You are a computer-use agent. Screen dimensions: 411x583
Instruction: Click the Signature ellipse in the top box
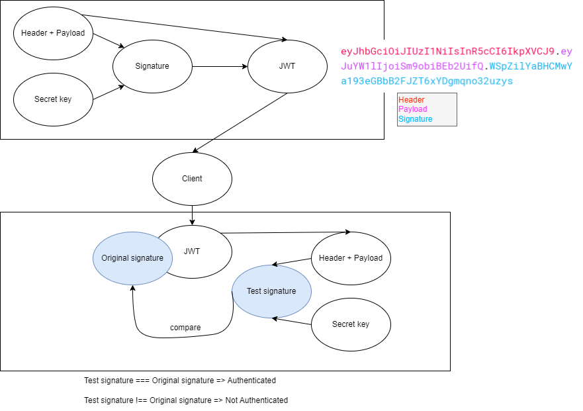click(152, 66)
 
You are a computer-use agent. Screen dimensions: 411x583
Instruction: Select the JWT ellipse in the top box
click(287, 66)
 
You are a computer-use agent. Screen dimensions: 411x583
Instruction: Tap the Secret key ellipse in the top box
click(53, 99)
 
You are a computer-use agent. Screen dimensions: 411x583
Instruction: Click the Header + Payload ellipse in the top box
click(53, 33)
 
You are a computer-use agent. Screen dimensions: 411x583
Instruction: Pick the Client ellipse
click(192, 179)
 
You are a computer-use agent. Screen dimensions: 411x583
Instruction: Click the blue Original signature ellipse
click(132, 258)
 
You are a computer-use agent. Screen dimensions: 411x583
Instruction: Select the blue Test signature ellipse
click(271, 291)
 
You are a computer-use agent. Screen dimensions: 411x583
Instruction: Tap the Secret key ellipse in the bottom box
click(351, 324)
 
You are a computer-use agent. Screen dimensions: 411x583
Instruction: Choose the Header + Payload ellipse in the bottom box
click(351, 258)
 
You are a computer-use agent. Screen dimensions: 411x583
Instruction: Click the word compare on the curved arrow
click(185, 328)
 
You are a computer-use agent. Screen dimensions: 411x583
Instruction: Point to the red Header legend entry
click(412, 100)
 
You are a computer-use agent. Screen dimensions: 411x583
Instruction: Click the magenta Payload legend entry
click(413, 109)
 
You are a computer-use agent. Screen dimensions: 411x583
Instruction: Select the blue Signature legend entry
click(416, 119)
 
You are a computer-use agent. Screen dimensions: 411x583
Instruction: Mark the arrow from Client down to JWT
click(192, 215)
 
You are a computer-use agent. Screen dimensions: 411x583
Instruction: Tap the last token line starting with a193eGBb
click(427, 81)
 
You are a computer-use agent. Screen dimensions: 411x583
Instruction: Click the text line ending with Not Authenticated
click(186, 400)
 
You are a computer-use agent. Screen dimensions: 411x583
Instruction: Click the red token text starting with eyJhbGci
click(447, 52)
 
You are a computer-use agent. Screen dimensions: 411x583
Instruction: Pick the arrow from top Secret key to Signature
click(107, 93)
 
